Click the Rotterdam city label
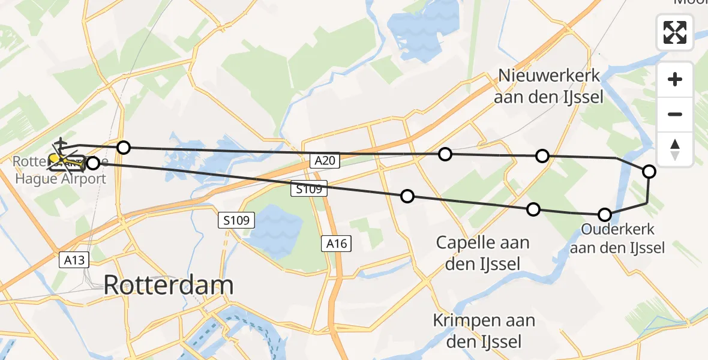tap(169, 284)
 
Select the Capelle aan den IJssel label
tap(482, 253)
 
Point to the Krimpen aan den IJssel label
tap(484, 331)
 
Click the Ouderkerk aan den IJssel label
tap(617, 238)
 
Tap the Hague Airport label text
tap(60, 179)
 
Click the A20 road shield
tap(326, 160)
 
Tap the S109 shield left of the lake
tap(236, 220)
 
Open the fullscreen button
tap(675, 32)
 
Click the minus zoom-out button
tap(675, 114)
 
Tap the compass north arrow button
tap(675, 149)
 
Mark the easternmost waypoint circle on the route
tap(649, 172)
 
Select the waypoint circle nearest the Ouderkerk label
tap(605, 215)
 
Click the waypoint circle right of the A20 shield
tap(445, 154)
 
